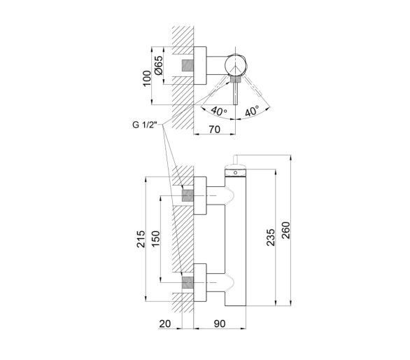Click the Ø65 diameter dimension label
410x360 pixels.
click(x=159, y=65)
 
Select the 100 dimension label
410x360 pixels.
click(x=147, y=78)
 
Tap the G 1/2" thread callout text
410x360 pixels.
click(x=145, y=125)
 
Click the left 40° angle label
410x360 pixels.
click(x=219, y=111)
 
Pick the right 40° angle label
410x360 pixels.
click(x=252, y=111)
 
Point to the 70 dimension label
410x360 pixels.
click(x=214, y=130)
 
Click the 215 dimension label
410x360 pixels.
click(x=141, y=239)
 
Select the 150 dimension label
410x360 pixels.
click(x=156, y=239)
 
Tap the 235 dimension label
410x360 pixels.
click(x=271, y=237)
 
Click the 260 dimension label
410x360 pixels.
click(x=286, y=230)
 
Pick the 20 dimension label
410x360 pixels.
click(x=164, y=324)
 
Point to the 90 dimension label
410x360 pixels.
click(x=220, y=324)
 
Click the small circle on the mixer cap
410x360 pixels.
click(x=235, y=173)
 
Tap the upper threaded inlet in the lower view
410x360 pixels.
click(x=188, y=195)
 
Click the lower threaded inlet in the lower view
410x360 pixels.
click(x=188, y=282)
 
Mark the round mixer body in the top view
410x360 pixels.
click(x=235, y=65)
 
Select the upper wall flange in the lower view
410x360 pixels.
click(x=200, y=195)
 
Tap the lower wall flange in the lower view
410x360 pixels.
click(x=200, y=282)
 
